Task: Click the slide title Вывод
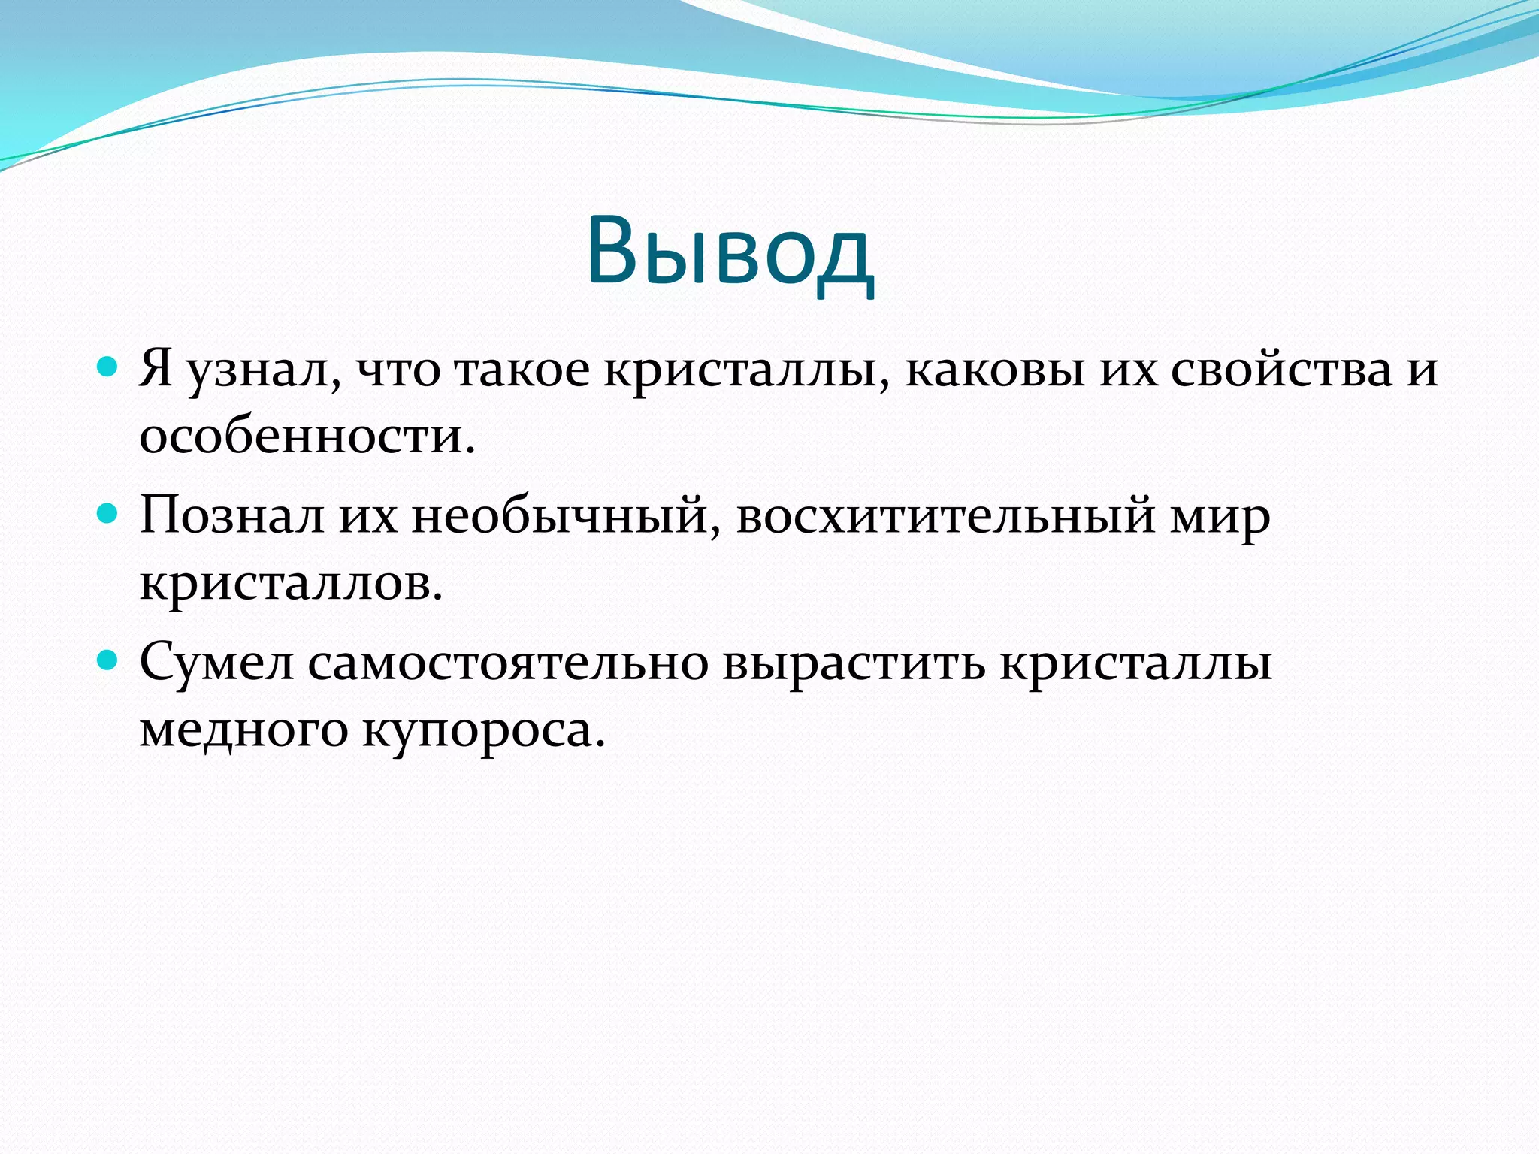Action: pyautogui.click(x=730, y=252)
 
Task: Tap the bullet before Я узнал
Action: pyautogui.click(x=108, y=367)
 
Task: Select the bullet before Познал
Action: pyautogui.click(x=108, y=514)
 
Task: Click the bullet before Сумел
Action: pyautogui.click(x=108, y=660)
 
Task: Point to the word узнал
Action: pyautogui.click(x=263, y=370)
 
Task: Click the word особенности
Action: pyautogui.click(x=307, y=437)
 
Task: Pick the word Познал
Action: pyautogui.click(x=232, y=517)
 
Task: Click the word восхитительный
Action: pyautogui.click(x=945, y=517)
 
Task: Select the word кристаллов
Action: pyautogui.click(x=291, y=583)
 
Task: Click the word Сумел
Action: pyautogui.click(x=216, y=663)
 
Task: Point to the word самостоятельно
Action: pyautogui.click(x=508, y=663)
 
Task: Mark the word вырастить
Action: pyautogui.click(x=854, y=663)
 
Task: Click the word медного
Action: pyautogui.click(x=243, y=730)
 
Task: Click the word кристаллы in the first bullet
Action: pyautogui.click(x=747, y=370)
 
